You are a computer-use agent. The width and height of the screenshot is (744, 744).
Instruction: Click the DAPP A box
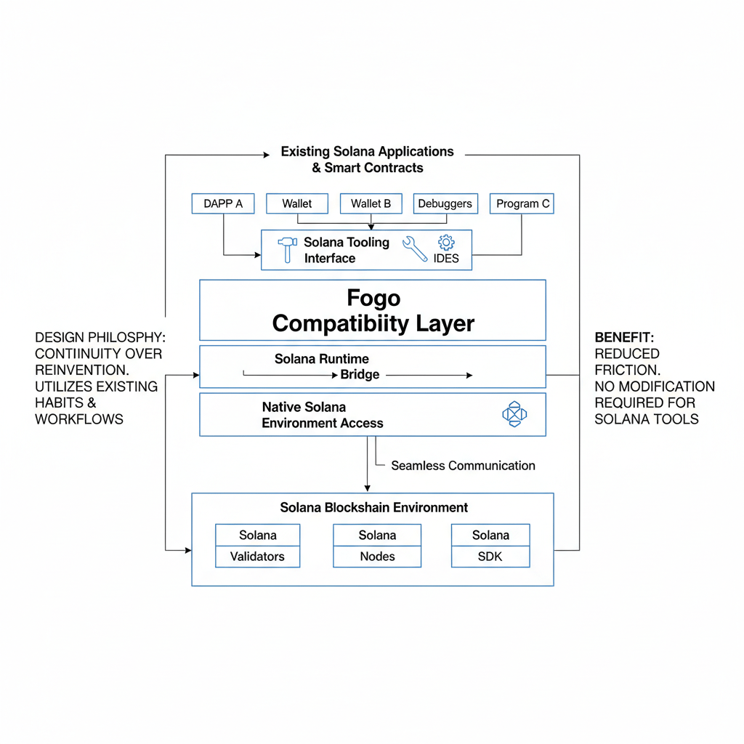coord(223,203)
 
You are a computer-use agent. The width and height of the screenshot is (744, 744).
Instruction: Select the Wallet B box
coord(371,203)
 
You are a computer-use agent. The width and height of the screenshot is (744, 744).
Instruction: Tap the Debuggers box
coord(445,203)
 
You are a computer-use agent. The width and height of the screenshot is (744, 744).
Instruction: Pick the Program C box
coord(522,203)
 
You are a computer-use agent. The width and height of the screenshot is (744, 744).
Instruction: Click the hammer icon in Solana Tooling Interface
coord(287,249)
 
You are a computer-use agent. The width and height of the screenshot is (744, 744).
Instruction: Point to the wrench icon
coord(415,248)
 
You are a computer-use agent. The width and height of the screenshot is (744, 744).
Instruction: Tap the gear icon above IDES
coord(445,243)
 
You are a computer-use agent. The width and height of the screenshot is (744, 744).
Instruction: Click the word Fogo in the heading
coord(373,299)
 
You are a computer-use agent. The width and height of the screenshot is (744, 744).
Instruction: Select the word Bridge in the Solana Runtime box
coord(360,375)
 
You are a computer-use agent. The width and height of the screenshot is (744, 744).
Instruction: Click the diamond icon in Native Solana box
coord(514,414)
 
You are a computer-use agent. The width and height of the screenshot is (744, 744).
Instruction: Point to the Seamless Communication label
coord(463,466)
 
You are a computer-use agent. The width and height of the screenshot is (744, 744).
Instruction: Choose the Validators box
coord(257,557)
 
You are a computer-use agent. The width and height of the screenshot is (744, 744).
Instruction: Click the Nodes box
coord(377,557)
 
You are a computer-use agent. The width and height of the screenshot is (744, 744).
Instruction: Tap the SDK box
coord(490,557)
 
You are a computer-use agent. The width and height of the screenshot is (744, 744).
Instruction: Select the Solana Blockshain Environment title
coord(373,507)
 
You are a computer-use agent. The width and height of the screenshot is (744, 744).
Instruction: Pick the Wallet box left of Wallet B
coord(296,203)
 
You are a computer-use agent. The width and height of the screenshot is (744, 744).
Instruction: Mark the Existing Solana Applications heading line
coord(367,152)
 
